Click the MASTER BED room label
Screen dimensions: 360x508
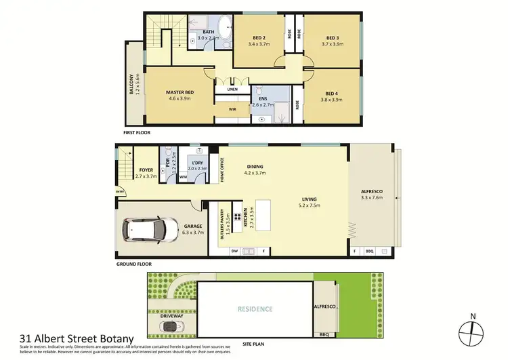[180, 92]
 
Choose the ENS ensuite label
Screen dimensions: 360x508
[262, 98]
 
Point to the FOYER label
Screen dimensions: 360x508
[146, 169]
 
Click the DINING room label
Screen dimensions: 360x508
[255, 167]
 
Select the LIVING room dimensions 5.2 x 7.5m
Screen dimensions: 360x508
[310, 205]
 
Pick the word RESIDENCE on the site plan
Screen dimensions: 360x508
[255, 309]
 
